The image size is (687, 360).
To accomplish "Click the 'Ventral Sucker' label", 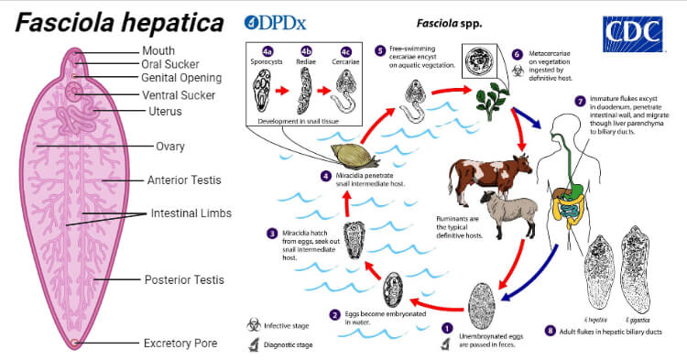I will (179, 94).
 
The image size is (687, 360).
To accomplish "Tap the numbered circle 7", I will (580, 100).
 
